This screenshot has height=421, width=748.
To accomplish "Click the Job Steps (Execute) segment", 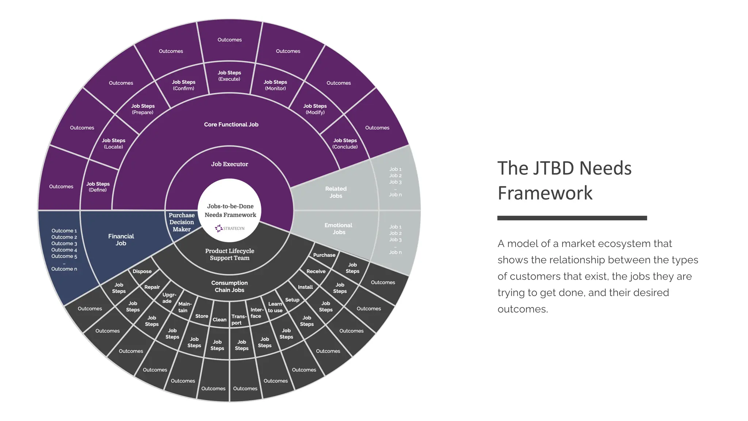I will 229,76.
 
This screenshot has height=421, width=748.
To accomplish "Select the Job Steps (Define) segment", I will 98,187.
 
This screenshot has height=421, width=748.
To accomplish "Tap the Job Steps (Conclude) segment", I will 345,144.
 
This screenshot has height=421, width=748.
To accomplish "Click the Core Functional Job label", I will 231,125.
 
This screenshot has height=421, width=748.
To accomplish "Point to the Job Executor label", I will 229,164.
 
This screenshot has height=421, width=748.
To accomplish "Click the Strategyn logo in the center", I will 229,228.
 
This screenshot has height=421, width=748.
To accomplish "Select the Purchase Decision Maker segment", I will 182,222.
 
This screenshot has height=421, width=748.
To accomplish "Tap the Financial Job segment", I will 121,240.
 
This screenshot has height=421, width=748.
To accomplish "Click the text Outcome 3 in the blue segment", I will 64,243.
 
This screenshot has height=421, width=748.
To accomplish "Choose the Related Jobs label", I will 336,192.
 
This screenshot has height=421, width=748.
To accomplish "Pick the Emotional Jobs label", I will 339,229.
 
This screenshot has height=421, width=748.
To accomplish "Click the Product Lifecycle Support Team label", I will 229,254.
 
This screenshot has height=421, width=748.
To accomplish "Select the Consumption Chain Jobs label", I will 229,286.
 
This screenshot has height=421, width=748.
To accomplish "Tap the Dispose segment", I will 142,272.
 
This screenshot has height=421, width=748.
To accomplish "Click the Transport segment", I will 238,320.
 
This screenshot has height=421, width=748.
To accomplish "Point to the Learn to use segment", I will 275,307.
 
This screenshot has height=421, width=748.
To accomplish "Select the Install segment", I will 305,287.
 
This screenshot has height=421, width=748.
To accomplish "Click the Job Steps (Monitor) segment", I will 275,85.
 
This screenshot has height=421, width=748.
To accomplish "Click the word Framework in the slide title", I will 545,193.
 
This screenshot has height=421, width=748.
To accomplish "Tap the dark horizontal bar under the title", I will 572,218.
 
